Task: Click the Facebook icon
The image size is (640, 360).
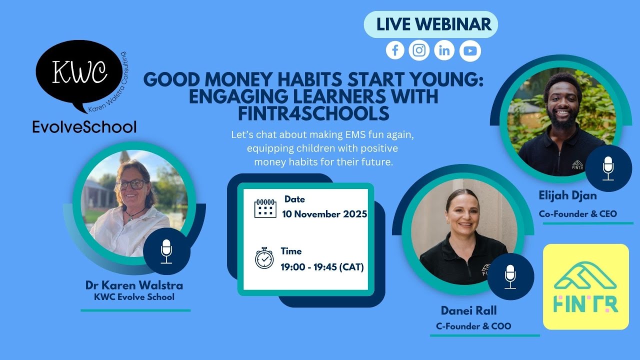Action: tap(395, 50)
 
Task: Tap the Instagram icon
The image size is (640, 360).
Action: tap(419, 50)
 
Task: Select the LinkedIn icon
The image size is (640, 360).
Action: tap(444, 50)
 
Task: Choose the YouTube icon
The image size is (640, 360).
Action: tap(470, 51)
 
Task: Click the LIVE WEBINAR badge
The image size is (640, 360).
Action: tap(430, 24)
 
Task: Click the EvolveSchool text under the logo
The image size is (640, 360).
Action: tap(84, 127)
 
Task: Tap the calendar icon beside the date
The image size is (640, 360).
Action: tap(265, 208)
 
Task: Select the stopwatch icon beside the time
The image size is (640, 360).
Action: tap(264, 258)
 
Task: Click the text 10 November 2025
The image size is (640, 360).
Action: tap(324, 214)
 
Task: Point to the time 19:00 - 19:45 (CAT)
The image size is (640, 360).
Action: tap(322, 267)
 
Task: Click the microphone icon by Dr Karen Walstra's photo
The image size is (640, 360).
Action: tap(166, 251)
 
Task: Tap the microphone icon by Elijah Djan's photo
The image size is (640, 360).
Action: tap(608, 168)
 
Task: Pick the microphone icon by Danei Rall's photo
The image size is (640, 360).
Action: tap(510, 276)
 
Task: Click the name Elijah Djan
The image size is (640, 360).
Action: tap(567, 196)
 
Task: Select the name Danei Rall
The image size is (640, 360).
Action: tap(468, 310)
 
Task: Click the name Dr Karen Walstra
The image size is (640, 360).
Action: tap(134, 285)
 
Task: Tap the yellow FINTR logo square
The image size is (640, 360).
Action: tap(585, 286)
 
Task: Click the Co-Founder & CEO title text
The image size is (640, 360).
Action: tap(577, 214)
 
